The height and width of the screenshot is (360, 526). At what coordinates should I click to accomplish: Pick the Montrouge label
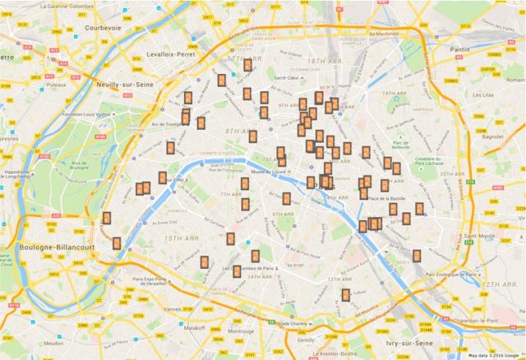coord(241,331)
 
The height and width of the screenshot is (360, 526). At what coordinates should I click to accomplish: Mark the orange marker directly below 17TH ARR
coord(247,65)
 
